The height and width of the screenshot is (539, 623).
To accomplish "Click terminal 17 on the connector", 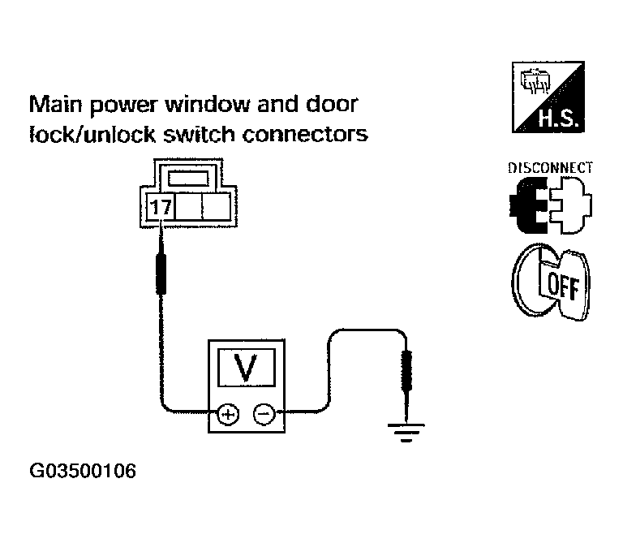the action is pyautogui.click(x=161, y=207).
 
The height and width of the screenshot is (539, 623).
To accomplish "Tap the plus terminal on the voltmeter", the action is pyautogui.click(x=228, y=415).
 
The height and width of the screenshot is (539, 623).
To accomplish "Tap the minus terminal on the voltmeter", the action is pyautogui.click(x=264, y=415).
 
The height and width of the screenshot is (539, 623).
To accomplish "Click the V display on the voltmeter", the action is pyautogui.click(x=247, y=367).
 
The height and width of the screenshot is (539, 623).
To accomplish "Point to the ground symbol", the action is pyautogui.click(x=406, y=433).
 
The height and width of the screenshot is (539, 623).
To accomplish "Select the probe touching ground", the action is pyautogui.click(x=407, y=382).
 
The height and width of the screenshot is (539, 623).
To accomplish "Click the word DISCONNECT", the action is pyautogui.click(x=550, y=168).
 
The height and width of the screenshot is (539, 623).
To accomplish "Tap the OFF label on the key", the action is pyautogui.click(x=563, y=287).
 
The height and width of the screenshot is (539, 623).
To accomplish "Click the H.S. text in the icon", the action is pyautogui.click(x=561, y=119).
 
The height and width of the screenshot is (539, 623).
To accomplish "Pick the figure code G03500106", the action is pyautogui.click(x=83, y=471).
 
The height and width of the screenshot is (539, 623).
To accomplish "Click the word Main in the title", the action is pyautogui.click(x=56, y=104).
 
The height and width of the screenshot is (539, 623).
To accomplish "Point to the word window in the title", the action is pyautogui.click(x=208, y=104).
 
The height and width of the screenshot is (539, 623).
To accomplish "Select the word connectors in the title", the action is pyautogui.click(x=305, y=135).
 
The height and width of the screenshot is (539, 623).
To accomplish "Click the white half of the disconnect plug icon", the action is pyautogui.click(x=571, y=205).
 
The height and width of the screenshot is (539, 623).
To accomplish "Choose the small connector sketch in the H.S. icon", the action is pyautogui.click(x=535, y=81).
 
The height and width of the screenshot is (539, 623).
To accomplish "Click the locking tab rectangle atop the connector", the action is pyautogui.click(x=188, y=179).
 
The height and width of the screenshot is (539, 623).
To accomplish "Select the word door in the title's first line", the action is pyautogui.click(x=332, y=104).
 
